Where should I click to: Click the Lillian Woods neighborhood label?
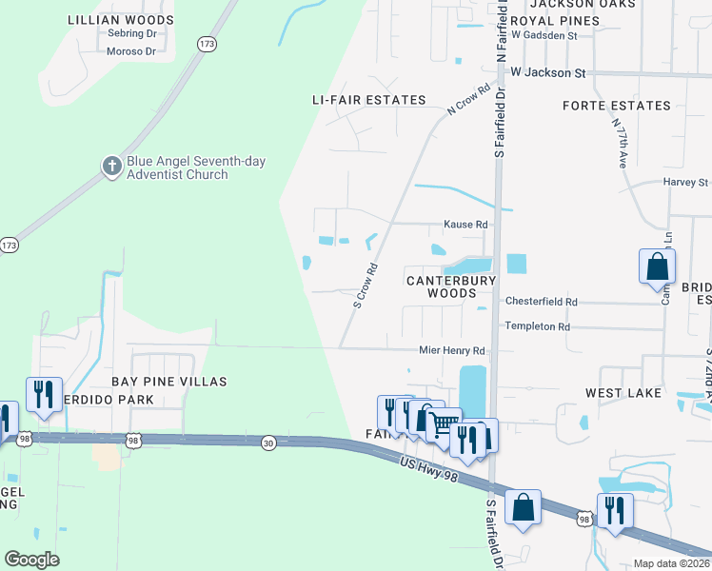(121, 20)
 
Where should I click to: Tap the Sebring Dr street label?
(131, 34)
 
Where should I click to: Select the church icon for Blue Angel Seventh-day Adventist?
(111, 167)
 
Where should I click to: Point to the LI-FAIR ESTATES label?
(369, 100)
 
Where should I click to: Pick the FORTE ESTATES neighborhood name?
(616, 106)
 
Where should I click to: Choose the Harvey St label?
(685, 182)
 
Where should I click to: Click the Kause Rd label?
(465, 225)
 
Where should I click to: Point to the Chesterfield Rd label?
(541, 302)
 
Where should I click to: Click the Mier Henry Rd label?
(452, 350)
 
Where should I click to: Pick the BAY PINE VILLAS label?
(169, 382)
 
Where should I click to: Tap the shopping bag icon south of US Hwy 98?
(523, 507)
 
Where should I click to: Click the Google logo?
(31, 559)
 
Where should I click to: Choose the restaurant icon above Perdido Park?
(44, 394)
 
